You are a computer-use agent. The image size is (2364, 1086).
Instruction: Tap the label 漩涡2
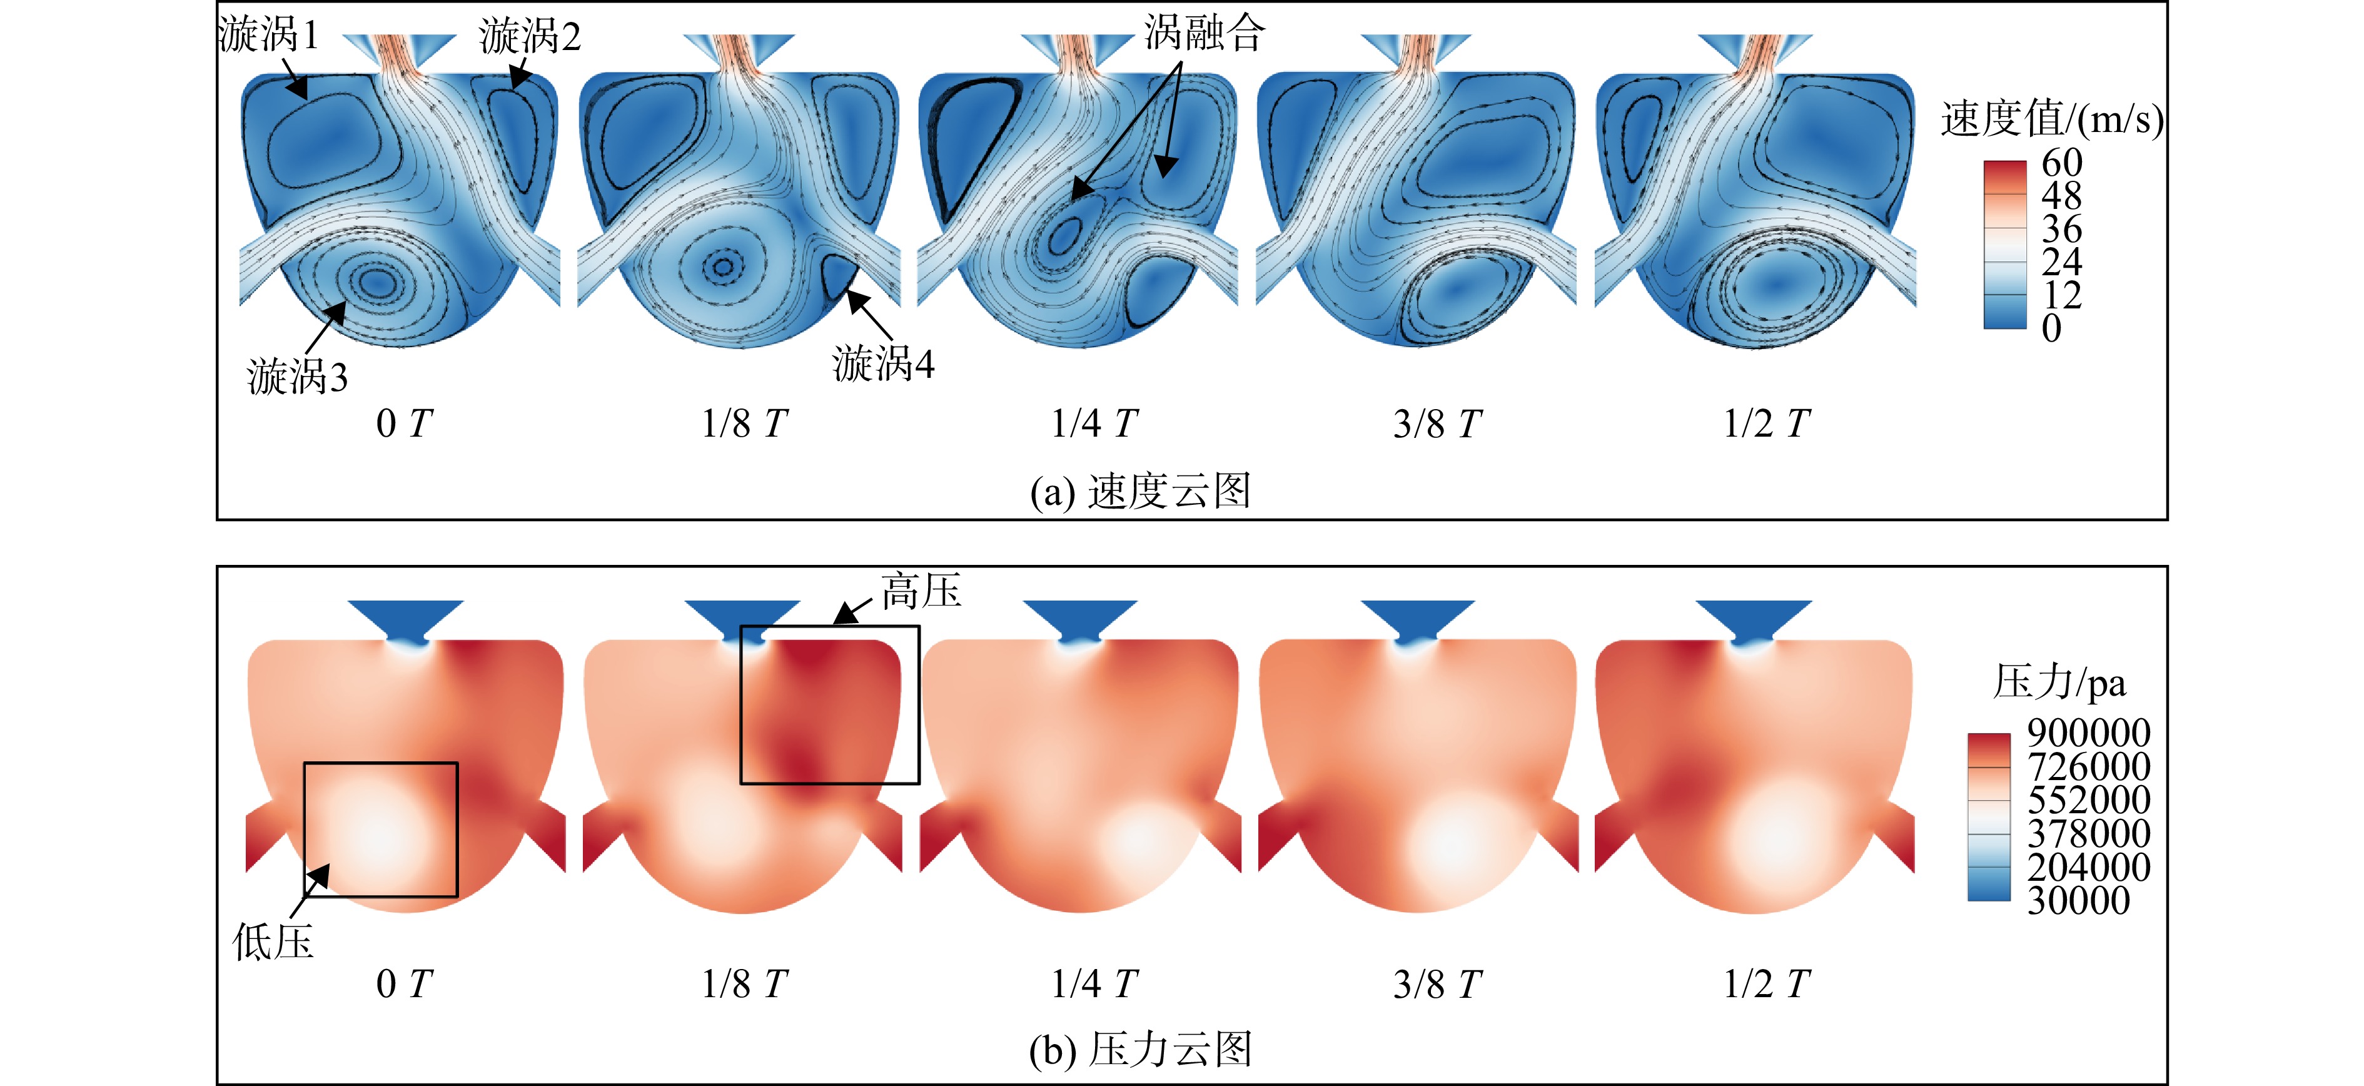click(530, 37)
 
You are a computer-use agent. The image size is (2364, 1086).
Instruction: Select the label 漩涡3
click(297, 377)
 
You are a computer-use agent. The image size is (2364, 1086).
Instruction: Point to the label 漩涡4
click(883, 363)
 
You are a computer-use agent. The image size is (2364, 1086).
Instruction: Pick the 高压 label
click(921, 591)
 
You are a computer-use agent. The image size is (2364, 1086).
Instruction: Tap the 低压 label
click(273, 942)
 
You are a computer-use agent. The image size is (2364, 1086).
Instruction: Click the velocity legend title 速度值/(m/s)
click(2052, 119)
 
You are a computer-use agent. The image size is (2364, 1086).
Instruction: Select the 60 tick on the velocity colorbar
click(2062, 163)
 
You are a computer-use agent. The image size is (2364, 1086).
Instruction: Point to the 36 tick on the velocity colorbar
click(2062, 228)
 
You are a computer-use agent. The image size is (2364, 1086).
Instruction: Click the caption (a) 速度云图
click(1141, 491)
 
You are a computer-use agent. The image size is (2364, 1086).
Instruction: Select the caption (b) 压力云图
click(1141, 1049)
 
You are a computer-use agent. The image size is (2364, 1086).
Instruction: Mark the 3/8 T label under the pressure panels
click(1437, 984)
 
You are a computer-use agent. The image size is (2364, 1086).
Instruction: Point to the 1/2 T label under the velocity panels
click(1767, 423)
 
